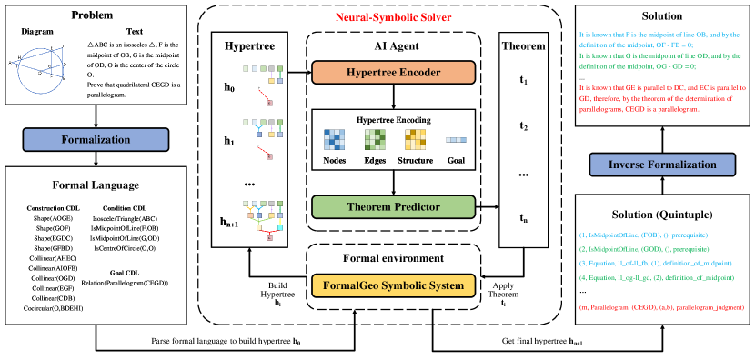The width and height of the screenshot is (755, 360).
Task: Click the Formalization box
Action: (x=96, y=139)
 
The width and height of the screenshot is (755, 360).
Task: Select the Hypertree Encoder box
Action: (x=394, y=73)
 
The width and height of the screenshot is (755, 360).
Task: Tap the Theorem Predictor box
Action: (x=394, y=207)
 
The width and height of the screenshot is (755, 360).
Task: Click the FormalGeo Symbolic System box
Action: (x=394, y=285)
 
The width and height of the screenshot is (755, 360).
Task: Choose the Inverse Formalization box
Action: (x=662, y=165)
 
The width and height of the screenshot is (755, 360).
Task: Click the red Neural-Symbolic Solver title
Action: (x=393, y=17)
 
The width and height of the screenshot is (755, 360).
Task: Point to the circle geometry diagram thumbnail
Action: (x=37, y=69)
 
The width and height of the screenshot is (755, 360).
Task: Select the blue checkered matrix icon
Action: (x=335, y=139)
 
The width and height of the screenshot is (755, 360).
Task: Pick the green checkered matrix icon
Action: (x=376, y=139)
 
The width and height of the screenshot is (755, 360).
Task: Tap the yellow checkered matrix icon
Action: (x=416, y=139)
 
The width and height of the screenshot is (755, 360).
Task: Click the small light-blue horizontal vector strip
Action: (x=456, y=140)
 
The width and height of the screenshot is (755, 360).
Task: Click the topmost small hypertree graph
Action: (x=263, y=83)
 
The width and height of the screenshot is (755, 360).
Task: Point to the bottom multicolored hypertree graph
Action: (x=263, y=219)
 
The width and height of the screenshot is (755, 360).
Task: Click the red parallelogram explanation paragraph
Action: (x=663, y=98)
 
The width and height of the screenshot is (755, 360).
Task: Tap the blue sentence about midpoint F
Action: (x=663, y=39)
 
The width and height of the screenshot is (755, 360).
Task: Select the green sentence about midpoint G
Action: (x=663, y=61)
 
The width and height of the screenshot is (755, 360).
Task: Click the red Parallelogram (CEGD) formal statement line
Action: (x=661, y=307)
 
